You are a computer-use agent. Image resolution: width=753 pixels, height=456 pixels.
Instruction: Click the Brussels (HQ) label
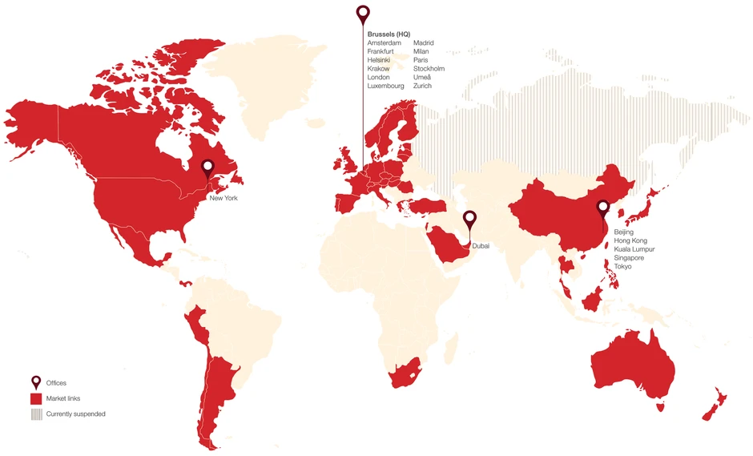click(389, 34)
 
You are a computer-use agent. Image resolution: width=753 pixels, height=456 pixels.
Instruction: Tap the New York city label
click(223, 196)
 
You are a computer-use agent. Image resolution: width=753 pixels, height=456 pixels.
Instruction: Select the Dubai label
click(481, 246)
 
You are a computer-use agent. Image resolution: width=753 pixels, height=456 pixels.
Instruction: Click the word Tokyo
click(622, 266)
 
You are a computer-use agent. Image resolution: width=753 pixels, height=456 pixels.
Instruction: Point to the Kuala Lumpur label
click(634, 249)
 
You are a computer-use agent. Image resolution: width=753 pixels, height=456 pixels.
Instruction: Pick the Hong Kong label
click(630, 240)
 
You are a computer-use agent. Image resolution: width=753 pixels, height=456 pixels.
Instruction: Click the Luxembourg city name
click(385, 86)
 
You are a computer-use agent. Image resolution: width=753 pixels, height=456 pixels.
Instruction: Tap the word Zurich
click(422, 86)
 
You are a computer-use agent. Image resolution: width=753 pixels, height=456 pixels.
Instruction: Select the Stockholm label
click(429, 69)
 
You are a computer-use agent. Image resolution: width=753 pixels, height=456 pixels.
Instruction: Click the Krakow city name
click(378, 69)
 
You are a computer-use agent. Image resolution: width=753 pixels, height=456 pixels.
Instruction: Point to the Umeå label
click(422, 78)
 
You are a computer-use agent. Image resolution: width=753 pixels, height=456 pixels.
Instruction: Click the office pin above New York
click(207, 168)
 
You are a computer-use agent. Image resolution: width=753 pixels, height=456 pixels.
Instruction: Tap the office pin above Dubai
click(470, 218)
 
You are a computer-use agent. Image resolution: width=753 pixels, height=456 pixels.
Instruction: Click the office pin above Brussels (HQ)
click(363, 14)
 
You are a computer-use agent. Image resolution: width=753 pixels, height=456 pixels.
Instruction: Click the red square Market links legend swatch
click(36, 398)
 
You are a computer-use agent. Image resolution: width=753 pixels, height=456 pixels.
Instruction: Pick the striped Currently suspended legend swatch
click(36, 414)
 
